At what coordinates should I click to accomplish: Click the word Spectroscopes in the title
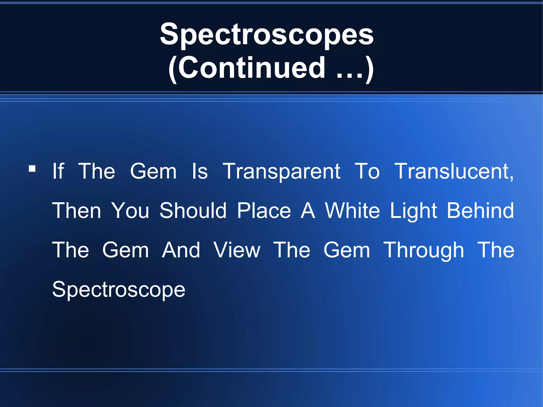tap(267, 34)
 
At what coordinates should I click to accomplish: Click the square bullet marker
tap(32, 169)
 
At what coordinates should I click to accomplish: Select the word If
tap(58, 171)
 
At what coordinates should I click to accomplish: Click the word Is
tap(200, 171)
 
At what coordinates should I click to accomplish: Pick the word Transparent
tap(281, 172)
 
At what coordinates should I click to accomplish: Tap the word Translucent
tap(454, 171)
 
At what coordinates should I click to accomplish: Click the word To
tap(367, 171)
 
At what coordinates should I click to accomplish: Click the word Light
tap(413, 211)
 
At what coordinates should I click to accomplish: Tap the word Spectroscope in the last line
tap(119, 290)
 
